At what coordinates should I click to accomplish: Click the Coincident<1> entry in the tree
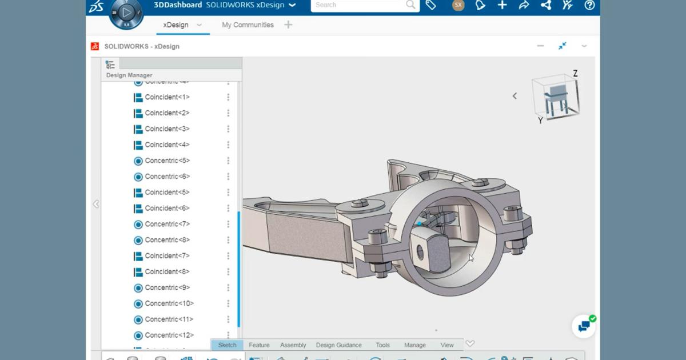pyautogui.click(x=167, y=97)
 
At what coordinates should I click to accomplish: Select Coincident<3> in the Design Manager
pyautogui.click(x=167, y=129)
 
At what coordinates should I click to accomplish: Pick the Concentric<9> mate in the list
pyautogui.click(x=167, y=287)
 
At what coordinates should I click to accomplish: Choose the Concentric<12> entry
pyautogui.click(x=169, y=335)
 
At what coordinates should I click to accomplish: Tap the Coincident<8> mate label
pyautogui.click(x=167, y=271)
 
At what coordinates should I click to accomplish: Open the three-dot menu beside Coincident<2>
pyautogui.click(x=228, y=113)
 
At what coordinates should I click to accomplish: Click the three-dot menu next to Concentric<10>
pyautogui.click(x=228, y=303)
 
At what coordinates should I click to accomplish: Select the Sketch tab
pyautogui.click(x=227, y=345)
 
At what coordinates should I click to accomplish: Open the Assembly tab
pyautogui.click(x=293, y=345)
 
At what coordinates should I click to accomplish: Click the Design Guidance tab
pyautogui.click(x=338, y=345)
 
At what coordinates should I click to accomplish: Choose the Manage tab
pyautogui.click(x=414, y=345)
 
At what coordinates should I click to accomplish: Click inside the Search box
pyautogui.click(x=360, y=5)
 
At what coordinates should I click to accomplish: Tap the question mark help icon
pyautogui.click(x=589, y=5)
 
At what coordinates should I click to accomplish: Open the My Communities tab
pyautogui.click(x=248, y=25)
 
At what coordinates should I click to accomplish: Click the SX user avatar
pyautogui.click(x=458, y=5)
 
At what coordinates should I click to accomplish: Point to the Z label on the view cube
pyautogui.click(x=575, y=74)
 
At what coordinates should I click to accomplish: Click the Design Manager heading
pyautogui.click(x=129, y=75)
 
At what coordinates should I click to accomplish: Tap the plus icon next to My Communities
pyautogui.click(x=288, y=25)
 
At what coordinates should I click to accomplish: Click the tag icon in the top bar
pyautogui.click(x=431, y=5)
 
